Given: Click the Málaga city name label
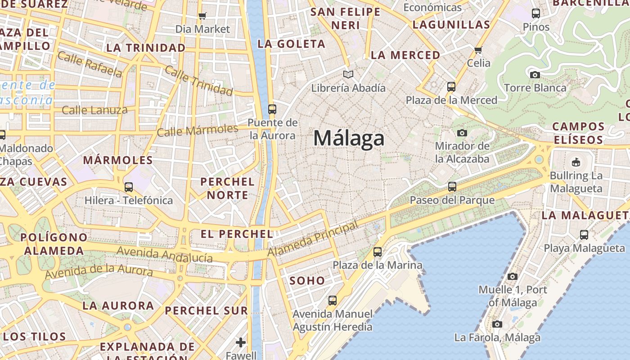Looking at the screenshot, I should (349, 138).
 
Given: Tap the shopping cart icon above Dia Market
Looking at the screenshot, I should (202, 16).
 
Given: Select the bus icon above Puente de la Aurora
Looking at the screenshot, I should (272, 109).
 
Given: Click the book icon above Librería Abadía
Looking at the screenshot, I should (348, 74).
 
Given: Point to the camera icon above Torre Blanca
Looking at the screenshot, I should (535, 75).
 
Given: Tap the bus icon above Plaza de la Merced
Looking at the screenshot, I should (451, 87).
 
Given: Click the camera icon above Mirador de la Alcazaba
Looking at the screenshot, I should (462, 133).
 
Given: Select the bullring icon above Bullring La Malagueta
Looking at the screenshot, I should (576, 162).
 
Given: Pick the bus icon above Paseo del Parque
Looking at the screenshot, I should (452, 186).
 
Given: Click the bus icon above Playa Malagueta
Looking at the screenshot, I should (584, 234).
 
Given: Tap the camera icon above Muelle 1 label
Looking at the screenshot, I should (512, 276).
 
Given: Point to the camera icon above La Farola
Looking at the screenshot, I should (497, 324).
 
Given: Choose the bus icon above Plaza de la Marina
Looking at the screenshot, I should (377, 252).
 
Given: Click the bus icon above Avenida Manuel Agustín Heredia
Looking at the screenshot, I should (332, 300).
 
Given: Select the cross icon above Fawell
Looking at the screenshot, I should (241, 342).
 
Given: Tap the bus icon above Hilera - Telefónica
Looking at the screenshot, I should (129, 187).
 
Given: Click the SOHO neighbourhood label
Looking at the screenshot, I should (307, 281).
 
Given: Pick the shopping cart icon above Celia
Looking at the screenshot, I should (478, 49).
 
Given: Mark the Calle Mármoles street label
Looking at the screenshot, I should (198, 130).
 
